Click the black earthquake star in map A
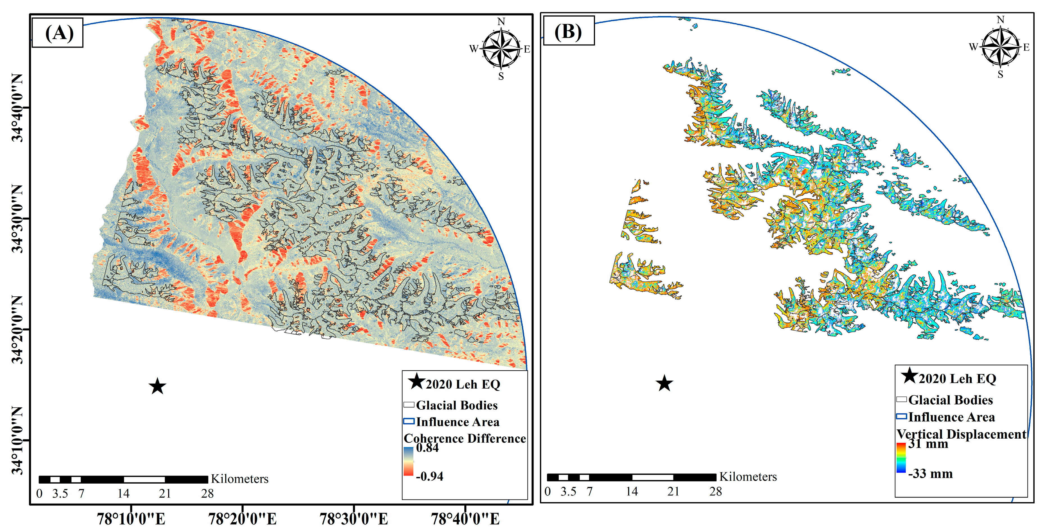157,386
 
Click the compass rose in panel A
501,49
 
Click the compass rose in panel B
1000,47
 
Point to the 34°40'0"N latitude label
17,107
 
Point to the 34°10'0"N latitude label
17,440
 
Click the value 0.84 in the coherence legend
427,448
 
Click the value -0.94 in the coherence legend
429,476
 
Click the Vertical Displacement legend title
961,434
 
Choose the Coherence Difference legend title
465,438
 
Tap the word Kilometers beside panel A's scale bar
239,479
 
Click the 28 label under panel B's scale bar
715,492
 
